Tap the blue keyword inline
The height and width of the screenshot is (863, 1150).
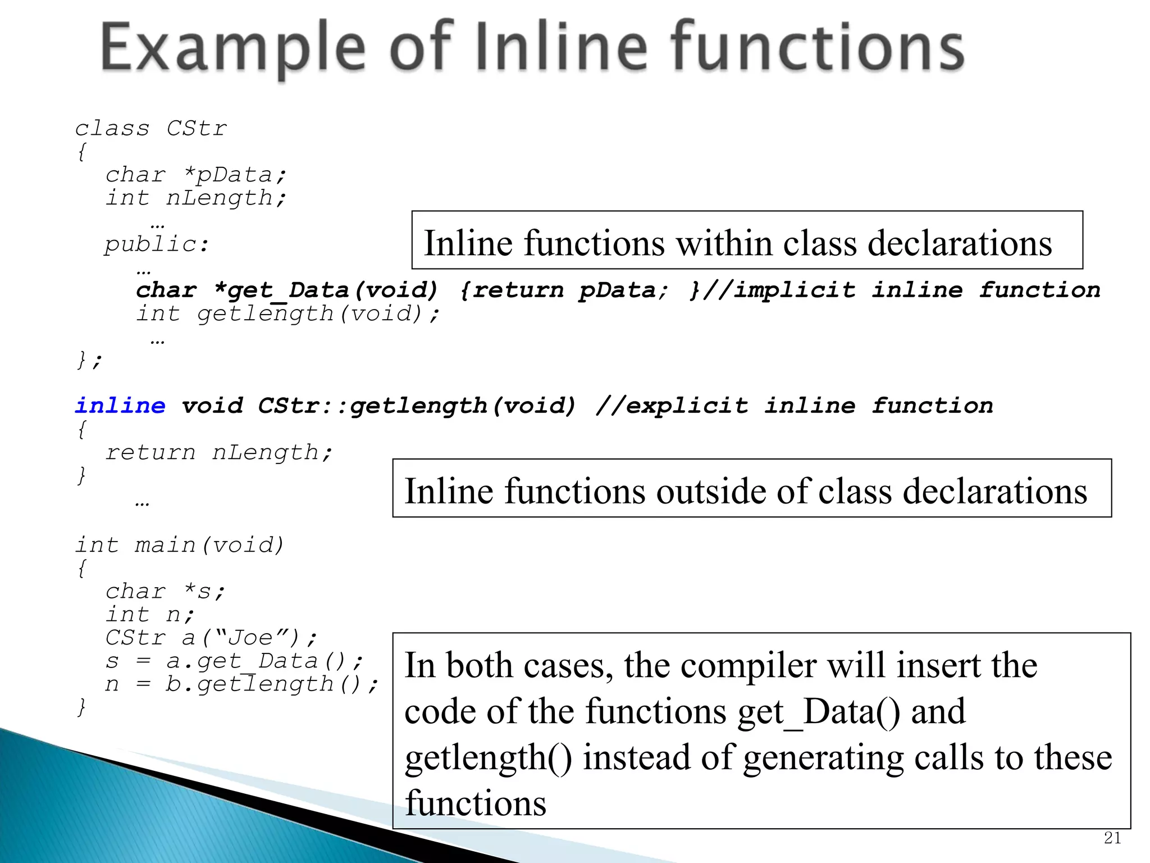click(120, 406)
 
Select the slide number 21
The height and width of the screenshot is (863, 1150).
click(1112, 838)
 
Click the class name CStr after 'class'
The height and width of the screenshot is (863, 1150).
click(197, 129)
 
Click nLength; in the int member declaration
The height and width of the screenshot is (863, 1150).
click(226, 198)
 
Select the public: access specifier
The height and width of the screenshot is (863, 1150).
click(157, 244)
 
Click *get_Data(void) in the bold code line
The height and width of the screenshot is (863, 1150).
click(326, 290)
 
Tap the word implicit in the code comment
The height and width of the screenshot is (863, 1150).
click(795, 290)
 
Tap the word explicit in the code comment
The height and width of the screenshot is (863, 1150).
click(687, 406)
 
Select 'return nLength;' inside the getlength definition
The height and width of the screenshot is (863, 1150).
click(219, 452)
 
